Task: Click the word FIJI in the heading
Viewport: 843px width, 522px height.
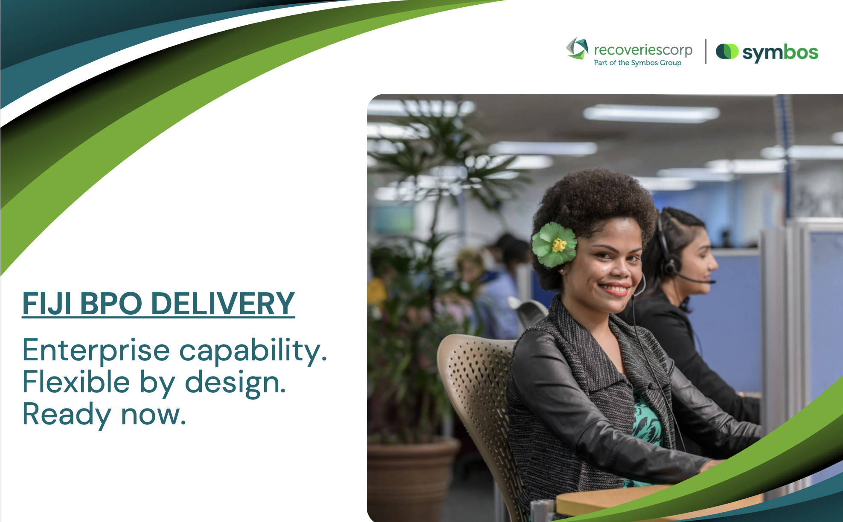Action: click(x=47, y=304)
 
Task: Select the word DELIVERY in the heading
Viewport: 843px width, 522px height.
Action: click(x=223, y=304)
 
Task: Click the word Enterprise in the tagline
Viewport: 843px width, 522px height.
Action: click(x=96, y=351)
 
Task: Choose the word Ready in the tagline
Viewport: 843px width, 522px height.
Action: click(x=67, y=415)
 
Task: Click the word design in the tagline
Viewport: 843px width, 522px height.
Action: click(x=235, y=383)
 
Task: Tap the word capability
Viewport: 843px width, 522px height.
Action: click(x=253, y=351)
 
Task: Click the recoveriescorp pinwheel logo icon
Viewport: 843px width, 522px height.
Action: click(x=577, y=48)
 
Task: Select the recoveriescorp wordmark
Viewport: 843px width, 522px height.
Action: click(x=643, y=50)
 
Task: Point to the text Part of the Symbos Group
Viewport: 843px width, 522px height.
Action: click(x=637, y=63)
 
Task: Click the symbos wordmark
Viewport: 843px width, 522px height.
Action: click(x=780, y=53)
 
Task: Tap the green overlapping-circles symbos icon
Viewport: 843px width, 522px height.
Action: click(x=727, y=52)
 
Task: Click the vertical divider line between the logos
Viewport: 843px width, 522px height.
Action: click(x=706, y=52)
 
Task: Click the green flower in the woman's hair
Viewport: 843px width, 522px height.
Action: click(x=554, y=245)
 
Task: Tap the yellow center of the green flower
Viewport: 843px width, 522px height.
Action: click(x=558, y=245)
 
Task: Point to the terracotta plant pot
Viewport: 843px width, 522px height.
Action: click(x=412, y=478)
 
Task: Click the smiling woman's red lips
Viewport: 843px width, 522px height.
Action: click(x=615, y=289)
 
